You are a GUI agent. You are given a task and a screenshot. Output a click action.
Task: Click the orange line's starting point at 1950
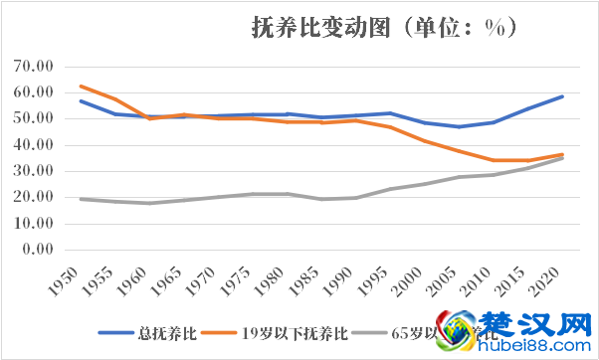point(81,87)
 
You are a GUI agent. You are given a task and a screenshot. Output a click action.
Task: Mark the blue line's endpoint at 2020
point(563,96)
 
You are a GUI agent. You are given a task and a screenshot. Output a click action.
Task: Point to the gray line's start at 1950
point(81,199)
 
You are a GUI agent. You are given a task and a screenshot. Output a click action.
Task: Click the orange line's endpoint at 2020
point(563,154)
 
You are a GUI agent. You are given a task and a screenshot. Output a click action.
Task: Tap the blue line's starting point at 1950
point(81,101)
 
